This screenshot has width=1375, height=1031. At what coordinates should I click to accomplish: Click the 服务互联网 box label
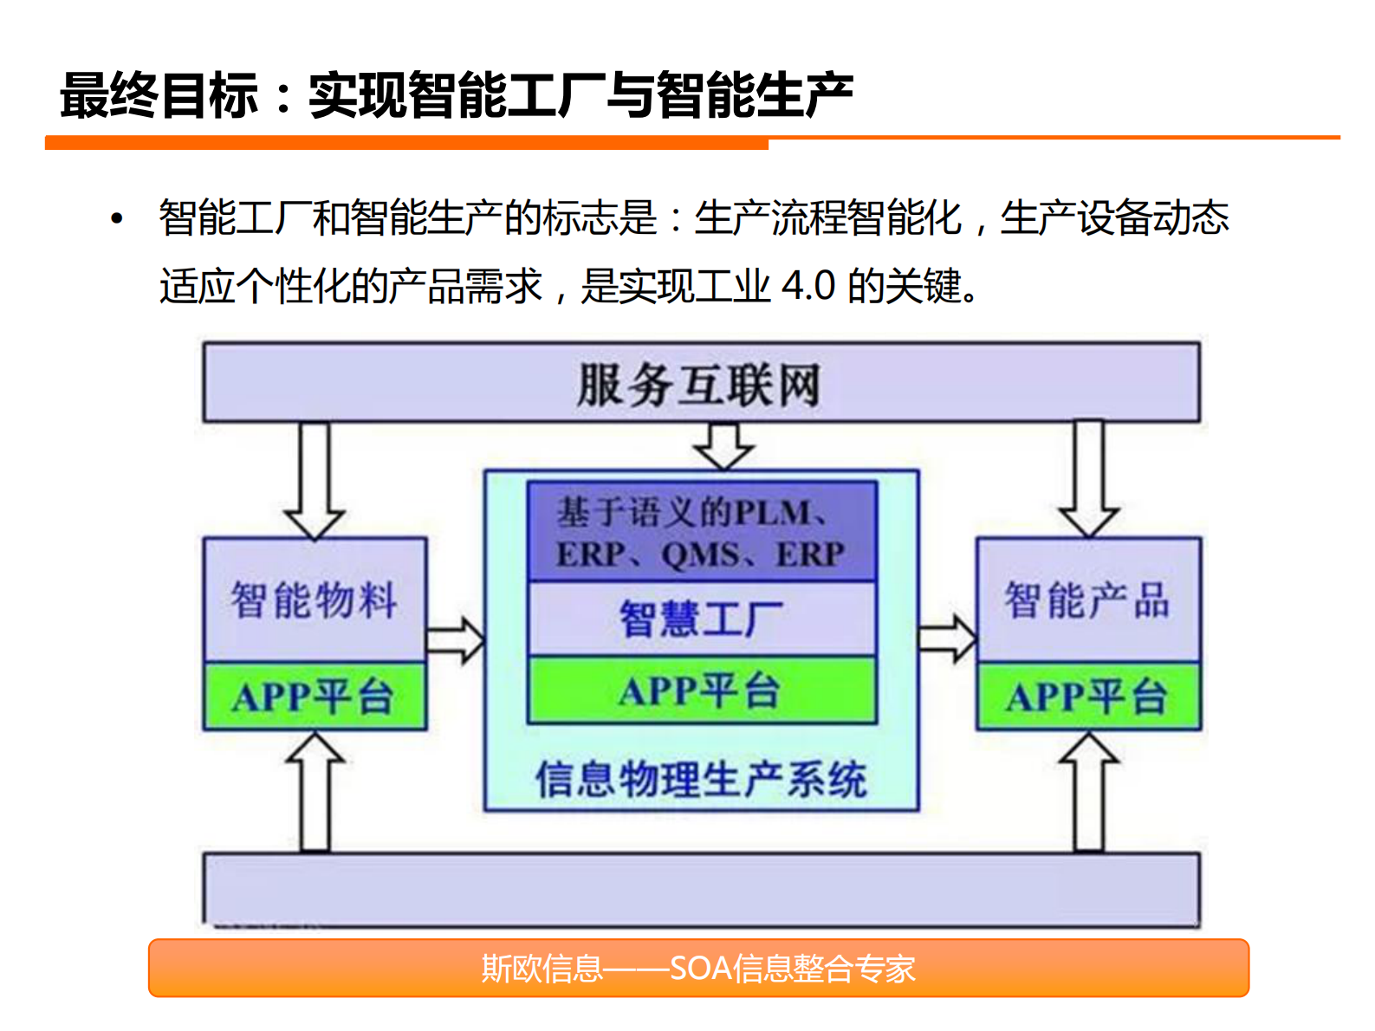698,385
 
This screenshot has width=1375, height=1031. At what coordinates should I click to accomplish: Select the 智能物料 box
315,600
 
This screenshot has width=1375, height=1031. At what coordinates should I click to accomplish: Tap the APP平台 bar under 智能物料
315,697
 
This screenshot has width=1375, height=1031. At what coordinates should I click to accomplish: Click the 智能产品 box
1088,600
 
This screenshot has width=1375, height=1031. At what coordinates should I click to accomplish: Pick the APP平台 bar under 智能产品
1088,697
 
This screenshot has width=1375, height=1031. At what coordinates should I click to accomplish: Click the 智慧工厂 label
702,619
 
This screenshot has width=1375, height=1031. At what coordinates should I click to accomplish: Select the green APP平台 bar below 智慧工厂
702,691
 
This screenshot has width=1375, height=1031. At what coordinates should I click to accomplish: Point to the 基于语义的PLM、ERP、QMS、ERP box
702,532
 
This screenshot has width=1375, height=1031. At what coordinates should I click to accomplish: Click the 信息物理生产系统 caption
701,778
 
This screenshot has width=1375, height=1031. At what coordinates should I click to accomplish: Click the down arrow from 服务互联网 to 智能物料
315,481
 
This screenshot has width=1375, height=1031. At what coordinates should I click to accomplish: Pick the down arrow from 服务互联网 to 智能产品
1089,479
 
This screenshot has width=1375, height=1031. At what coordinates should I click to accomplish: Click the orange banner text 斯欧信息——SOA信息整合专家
698,968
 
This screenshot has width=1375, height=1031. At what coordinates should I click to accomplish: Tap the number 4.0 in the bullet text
808,286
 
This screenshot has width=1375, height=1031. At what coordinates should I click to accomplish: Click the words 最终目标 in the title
159,94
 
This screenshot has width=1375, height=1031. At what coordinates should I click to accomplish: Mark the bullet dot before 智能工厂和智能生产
117,218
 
